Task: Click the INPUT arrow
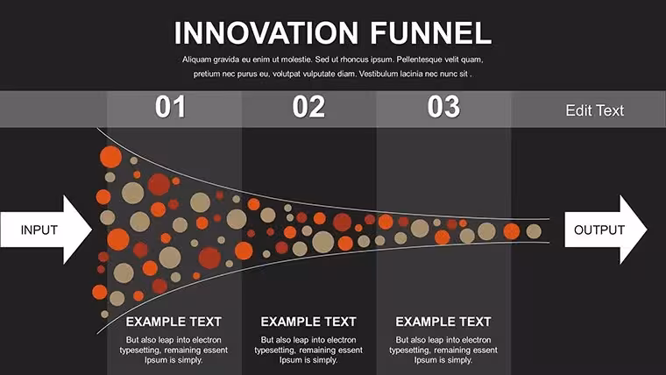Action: (x=46, y=230)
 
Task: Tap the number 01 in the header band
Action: (x=170, y=107)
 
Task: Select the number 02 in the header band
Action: (x=308, y=107)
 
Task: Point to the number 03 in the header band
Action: (x=443, y=107)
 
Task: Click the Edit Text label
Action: (x=595, y=110)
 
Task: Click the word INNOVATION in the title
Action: (x=266, y=33)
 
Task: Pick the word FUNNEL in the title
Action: (x=430, y=33)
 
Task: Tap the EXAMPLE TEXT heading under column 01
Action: (x=174, y=322)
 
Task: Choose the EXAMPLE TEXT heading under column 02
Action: (x=308, y=322)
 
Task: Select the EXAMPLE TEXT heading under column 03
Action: (x=443, y=322)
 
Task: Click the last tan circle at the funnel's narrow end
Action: (x=534, y=231)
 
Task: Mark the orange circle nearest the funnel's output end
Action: (x=512, y=231)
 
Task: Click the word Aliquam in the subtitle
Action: (x=197, y=60)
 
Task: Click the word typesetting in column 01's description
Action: (x=139, y=350)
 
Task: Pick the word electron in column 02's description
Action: (x=342, y=340)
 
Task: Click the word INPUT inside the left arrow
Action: (x=39, y=230)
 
